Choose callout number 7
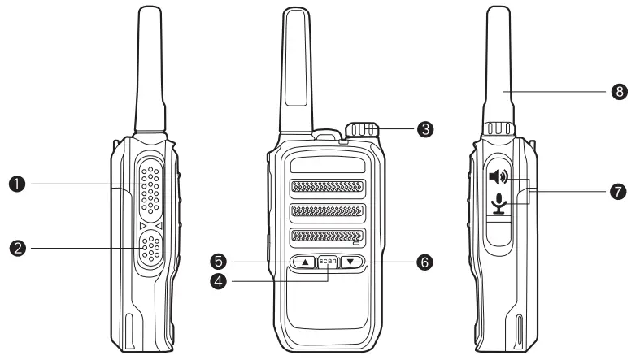[x=620, y=192]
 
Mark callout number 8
[x=620, y=93]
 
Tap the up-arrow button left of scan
[x=304, y=262]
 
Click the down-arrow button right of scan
[x=351, y=262]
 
